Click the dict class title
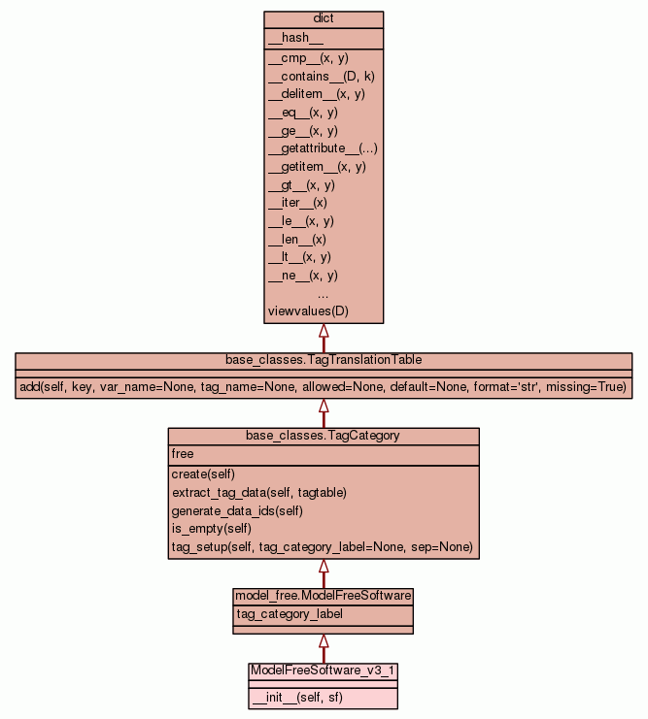(324, 19)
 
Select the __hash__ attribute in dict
(289, 38)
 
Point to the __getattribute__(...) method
(323, 148)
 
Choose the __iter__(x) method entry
(297, 203)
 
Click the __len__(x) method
(297, 239)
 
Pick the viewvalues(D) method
(308, 311)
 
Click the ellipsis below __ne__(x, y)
(324, 293)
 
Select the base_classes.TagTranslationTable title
(324, 360)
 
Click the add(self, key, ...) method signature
(324, 387)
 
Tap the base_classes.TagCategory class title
(324, 436)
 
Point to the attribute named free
(183, 453)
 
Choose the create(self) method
(203, 474)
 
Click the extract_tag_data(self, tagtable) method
(259, 492)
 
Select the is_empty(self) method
(212, 529)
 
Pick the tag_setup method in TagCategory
(322, 547)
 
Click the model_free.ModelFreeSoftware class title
(324, 596)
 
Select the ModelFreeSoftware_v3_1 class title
(324, 670)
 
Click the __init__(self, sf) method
(296, 698)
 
